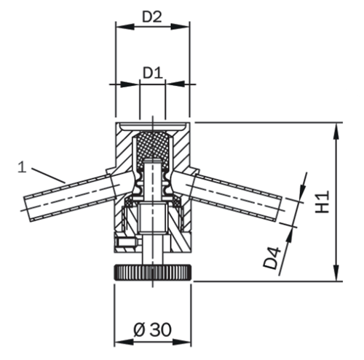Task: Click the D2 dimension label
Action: [151, 16]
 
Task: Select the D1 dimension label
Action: [151, 73]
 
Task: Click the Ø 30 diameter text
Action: [152, 329]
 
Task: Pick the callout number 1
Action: [23, 167]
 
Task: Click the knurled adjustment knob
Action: [152, 273]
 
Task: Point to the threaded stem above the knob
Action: [152, 251]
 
